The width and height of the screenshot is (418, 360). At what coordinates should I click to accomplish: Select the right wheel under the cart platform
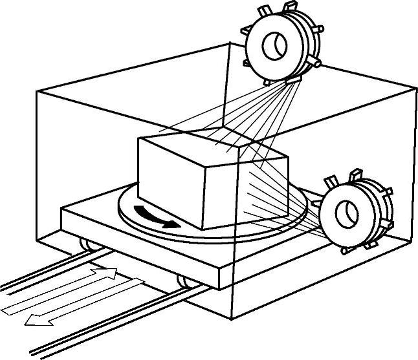click(184, 281)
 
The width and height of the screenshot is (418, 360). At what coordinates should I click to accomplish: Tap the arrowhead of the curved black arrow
click(171, 224)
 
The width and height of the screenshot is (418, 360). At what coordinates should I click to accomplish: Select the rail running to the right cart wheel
click(97, 323)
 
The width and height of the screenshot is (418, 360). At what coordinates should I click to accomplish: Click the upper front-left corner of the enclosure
click(38, 92)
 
